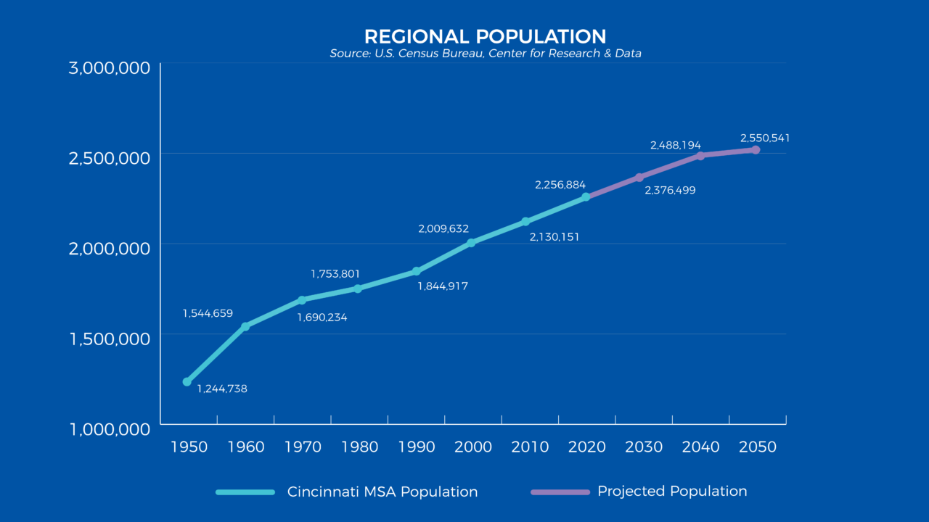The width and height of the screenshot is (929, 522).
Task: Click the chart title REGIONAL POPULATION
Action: pyautogui.click(x=485, y=37)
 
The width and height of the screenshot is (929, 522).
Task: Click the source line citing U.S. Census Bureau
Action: pyautogui.click(x=485, y=54)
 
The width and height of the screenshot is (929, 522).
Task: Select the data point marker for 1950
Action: pyautogui.click(x=187, y=381)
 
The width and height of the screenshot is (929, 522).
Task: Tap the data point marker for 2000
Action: pyautogui.click(x=471, y=243)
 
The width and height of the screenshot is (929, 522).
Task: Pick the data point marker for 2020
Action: pyautogui.click(x=586, y=196)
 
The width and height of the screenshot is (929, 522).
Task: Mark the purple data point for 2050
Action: pyautogui.click(x=756, y=150)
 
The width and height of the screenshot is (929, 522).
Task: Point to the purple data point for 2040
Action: pyautogui.click(x=700, y=156)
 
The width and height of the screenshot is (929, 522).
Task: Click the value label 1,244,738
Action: pyautogui.click(x=222, y=389)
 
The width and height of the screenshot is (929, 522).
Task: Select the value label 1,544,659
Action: pyautogui.click(x=208, y=314)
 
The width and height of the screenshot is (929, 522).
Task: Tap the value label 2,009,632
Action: pyautogui.click(x=443, y=229)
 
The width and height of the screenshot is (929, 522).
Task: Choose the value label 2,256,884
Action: pyautogui.click(x=560, y=186)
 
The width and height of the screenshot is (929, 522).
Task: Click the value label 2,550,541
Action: pyautogui.click(x=765, y=138)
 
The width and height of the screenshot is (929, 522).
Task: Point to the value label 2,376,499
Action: pyautogui.click(x=670, y=191)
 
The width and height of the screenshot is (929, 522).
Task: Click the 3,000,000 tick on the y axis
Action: pyautogui.click(x=110, y=68)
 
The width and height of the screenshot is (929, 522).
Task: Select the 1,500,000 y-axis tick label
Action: pyautogui.click(x=110, y=339)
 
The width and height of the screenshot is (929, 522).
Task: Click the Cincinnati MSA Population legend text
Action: pyautogui.click(x=382, y=492)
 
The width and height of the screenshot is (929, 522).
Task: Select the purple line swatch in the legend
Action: pyautogui.click(x=560, y=492)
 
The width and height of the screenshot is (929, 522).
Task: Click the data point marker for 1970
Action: pyautogui.click(x=301, y=299)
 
